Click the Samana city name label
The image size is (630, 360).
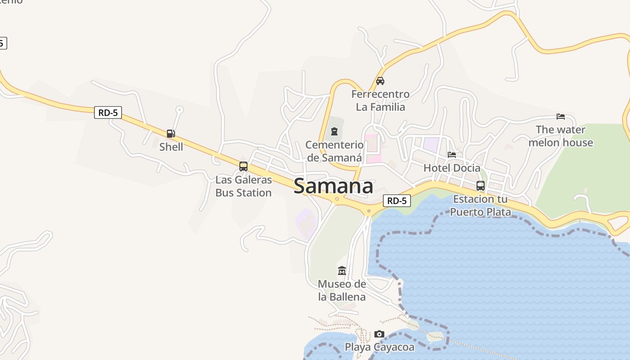point(333,186)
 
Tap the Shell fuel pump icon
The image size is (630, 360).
point(171,134)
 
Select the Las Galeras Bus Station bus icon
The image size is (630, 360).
point(243,166)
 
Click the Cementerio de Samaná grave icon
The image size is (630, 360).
point(334,131)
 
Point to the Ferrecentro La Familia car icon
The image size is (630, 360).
point(380,81)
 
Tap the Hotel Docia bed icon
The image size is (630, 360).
point(452,155)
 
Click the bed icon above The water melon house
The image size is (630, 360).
point(561,117)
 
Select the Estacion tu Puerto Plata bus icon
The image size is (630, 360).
point(481,186)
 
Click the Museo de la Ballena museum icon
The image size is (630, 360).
point(342,271)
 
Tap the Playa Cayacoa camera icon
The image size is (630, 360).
point(379,334)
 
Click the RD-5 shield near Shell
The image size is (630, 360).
point(108,112)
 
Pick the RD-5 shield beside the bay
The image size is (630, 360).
point(397,201)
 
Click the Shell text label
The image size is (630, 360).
point(171,147)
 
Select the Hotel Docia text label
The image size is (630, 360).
point(452,168)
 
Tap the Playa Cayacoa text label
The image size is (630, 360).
point(379,347)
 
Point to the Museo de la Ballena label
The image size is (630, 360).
point(342,290)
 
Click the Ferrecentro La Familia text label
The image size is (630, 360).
point(380,100)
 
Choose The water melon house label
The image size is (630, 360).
point(561,136)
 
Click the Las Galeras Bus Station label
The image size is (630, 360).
point(243,186)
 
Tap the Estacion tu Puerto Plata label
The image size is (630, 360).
point(481,205)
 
